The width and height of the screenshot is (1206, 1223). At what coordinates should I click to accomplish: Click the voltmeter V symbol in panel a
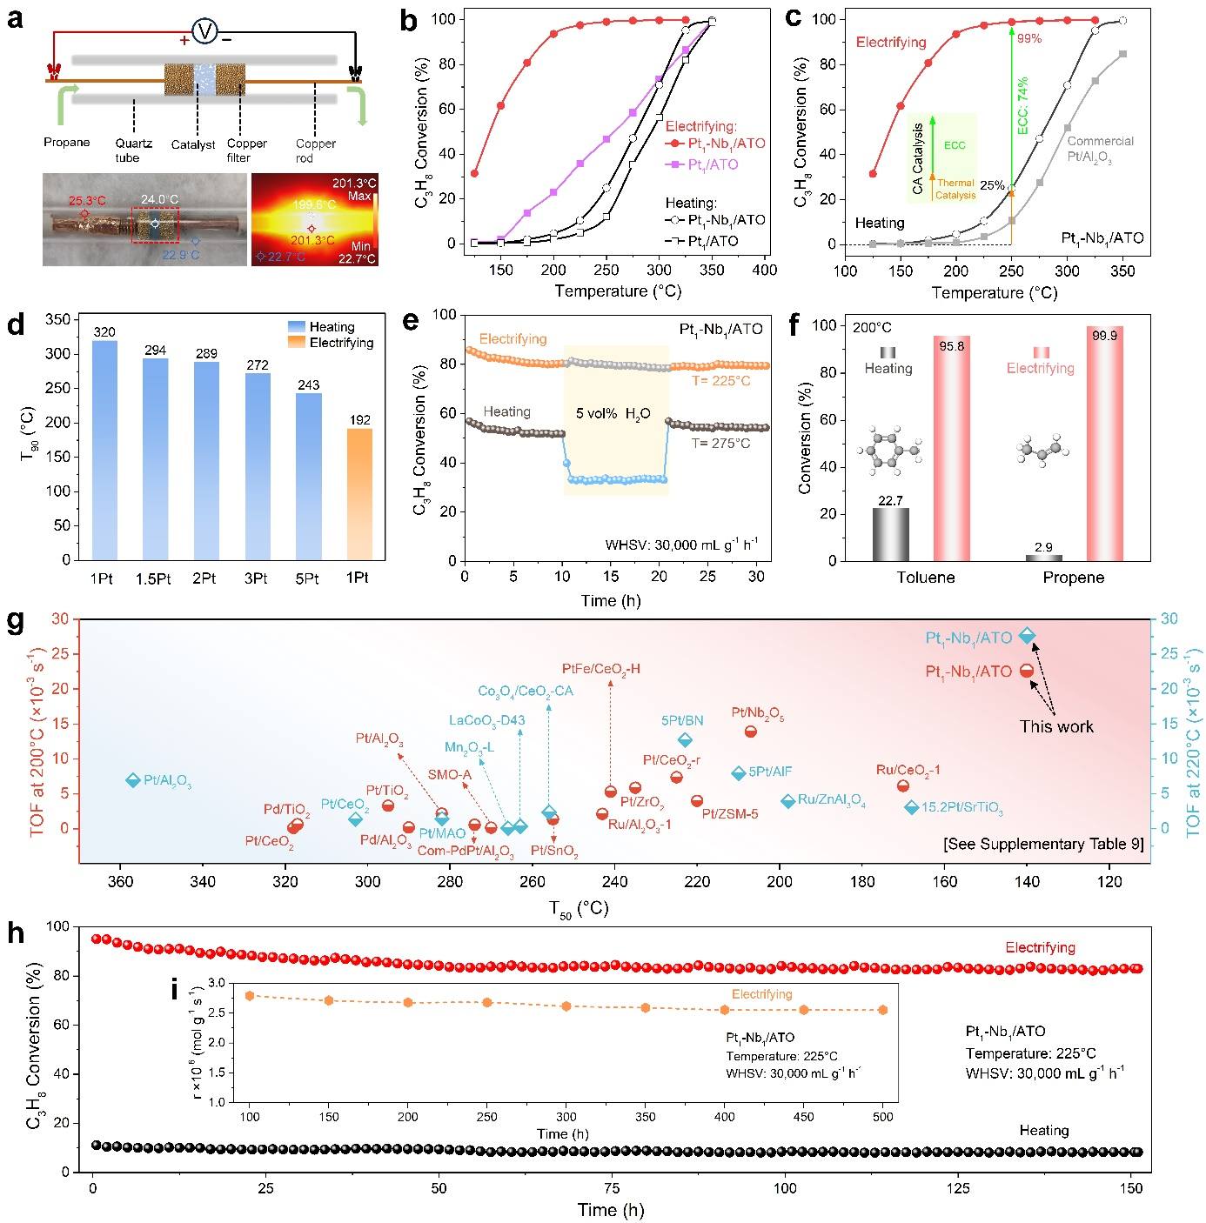pyautogui.click(x=204, y=32)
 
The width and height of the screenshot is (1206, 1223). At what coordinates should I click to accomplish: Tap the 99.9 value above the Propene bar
pyautogui.click(x=1104, y=336)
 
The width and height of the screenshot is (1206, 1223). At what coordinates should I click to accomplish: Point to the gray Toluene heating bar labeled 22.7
pyautogui.click(x=890, y=534)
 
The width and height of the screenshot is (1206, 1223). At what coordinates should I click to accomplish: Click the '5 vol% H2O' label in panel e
pyautogui.click(x=613, y=414)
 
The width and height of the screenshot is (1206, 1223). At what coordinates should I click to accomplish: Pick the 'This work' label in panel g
pyautogui.click(x=1056, y=726)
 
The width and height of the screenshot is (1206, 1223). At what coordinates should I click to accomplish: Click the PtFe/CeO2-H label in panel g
pyautogui.click(x=600, y=669)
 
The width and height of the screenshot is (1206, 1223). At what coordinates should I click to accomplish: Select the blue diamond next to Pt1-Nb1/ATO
pyautogui.click(x=1028, y=637)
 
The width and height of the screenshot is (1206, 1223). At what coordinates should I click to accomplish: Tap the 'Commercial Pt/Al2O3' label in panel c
pyautogui.click(x=1100, y=149)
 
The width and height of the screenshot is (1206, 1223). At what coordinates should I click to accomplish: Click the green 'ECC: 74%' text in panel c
pyautogui.click(x=1023, y=105)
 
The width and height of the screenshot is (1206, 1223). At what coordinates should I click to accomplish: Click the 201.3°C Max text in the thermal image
pyautogui.click(x=354, y=189)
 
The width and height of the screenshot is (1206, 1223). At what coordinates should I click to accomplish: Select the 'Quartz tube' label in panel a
pyautogui.click(x=133, y=150)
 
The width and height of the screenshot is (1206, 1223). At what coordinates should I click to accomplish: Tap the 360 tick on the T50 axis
pyautogui.click(x=120, y=881)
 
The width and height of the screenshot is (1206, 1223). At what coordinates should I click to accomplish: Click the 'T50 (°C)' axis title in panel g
pyautogui.click(x=579, y=909)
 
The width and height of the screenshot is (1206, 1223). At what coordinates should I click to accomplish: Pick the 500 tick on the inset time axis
pyautogui.click(x=883, y=1117)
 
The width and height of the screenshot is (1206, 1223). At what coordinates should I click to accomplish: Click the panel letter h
pyautogui.click(x=15, y=933)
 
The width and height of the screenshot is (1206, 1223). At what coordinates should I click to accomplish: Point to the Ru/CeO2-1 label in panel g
pyautogui.click(x=908, y=770)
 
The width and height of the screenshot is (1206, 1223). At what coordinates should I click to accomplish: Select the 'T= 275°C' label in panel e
pyautogui.click(x=720, y=444)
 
